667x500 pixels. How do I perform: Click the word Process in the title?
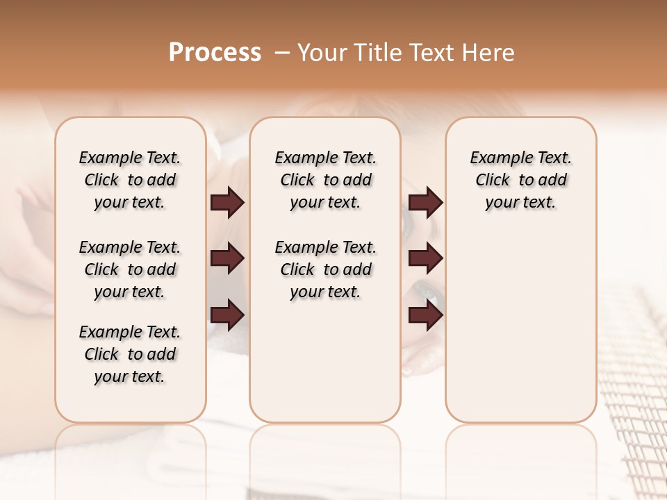pos(215,53)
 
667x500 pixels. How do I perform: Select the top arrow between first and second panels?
pos(227,202)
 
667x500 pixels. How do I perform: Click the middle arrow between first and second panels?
pos(227,258)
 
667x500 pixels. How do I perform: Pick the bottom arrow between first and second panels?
pos(227,315)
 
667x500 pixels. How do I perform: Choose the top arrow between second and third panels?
pos(425,202)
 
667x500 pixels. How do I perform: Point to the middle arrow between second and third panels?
pos(425,258)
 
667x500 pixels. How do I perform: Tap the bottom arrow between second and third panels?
pos(425,315)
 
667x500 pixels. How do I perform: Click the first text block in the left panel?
pos(130,180)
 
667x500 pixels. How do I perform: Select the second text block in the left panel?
pos(130,269)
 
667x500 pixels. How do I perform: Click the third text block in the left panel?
pos(130,354)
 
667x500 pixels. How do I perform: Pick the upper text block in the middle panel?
pos(325,180)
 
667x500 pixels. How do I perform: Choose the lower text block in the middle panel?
pos(325,269)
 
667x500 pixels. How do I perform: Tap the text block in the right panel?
pos(521,180)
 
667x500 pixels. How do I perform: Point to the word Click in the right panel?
pos(493,181)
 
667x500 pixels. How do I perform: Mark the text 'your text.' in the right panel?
pos(521,203)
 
